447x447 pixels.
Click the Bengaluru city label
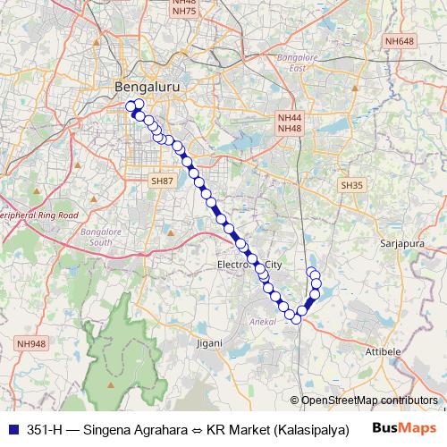[x=142, y=88]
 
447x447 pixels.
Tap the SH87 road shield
[x=162, y=181]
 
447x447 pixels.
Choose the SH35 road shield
[x=351, y=184]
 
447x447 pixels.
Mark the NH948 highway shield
[x=30, y=343]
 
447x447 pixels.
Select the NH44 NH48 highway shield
[x=290, y=123]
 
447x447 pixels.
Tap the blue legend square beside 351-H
[x=13, y=428]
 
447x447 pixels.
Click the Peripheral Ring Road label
[x=39, y=215]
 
